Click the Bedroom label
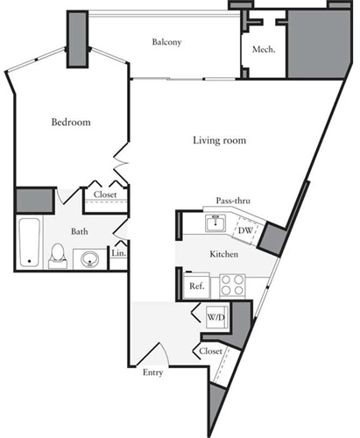(72, 122)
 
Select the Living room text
(219, 139)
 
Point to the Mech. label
(264, 50)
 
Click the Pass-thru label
(232, 201)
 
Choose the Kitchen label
(224, 254)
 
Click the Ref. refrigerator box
(196, 286)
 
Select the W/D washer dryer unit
(215, 315)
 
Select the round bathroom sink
(88, 259)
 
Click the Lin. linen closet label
(119, 254)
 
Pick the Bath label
(80, 232)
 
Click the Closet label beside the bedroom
(105, 194)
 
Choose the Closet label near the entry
(210, 350)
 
